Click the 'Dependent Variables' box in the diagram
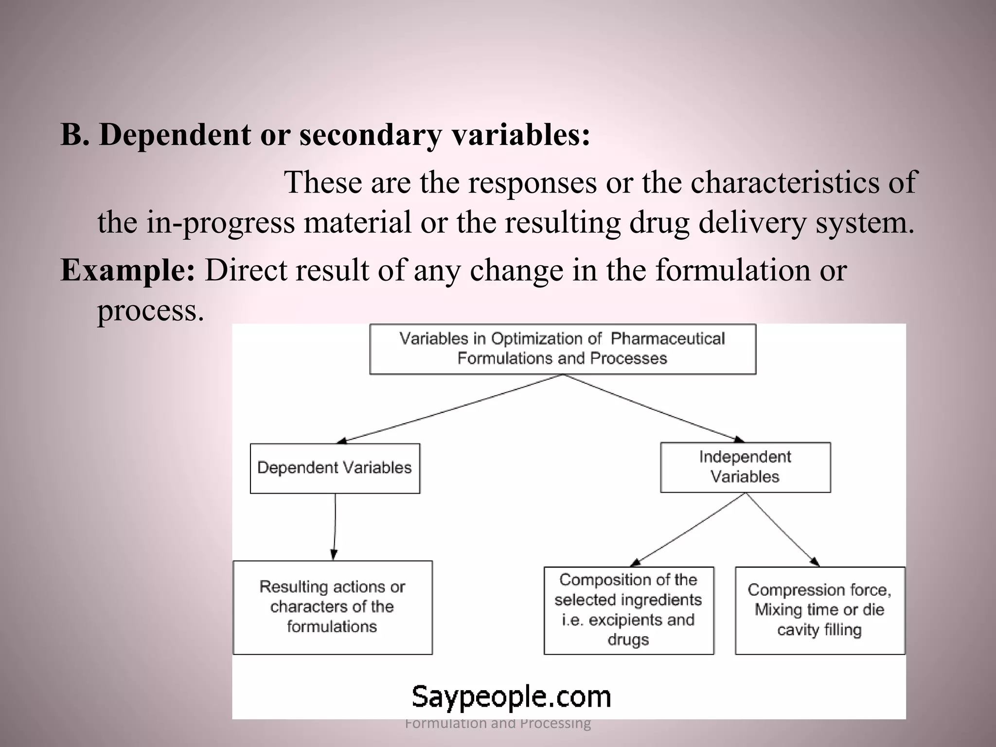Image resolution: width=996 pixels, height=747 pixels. point(335,468)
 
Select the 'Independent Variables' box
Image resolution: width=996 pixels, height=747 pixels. point(745,467)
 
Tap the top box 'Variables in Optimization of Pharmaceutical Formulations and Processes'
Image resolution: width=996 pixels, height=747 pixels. point(562,349)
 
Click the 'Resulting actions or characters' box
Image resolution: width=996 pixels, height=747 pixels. point(332,607)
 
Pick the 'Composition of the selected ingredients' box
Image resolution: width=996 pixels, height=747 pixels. point(628,610)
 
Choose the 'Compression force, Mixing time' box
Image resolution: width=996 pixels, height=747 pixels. point(819,610)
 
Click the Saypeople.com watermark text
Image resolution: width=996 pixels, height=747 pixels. point(511,696)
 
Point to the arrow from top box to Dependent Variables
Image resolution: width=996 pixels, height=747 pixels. point(450,409)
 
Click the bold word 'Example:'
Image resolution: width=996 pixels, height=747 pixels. point(127,270)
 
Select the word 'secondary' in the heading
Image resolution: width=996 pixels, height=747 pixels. point(370,136)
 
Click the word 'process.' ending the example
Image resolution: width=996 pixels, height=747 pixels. point(150,310)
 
